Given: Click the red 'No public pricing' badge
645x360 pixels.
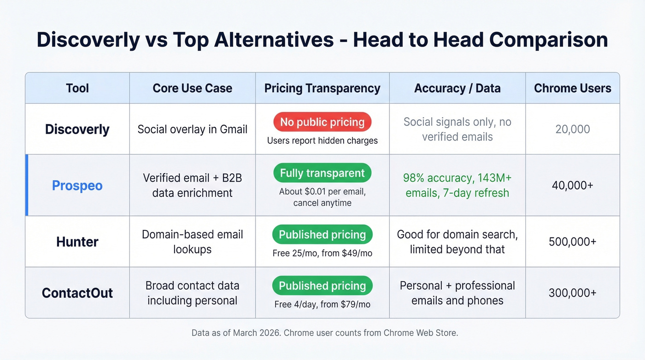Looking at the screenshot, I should pos(322,122).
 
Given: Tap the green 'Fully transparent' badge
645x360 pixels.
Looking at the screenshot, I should pos(322,173).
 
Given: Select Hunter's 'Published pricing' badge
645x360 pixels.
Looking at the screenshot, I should pos(322,235).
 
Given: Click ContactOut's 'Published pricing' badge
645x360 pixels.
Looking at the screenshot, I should pos(322,286).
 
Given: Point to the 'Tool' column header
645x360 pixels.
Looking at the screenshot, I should pos(77,88).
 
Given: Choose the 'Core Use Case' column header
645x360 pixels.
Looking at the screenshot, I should pos(193,88).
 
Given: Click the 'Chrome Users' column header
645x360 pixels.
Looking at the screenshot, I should pos(573,88).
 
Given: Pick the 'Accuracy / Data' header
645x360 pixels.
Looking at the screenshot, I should pos(457,88).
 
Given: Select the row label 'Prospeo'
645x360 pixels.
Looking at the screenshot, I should pos(77,186).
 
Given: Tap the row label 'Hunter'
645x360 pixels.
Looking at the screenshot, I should pos(77,242).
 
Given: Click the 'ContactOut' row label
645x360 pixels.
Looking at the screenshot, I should pos(77,293).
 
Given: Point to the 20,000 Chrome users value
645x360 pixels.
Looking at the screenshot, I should pos(573,130).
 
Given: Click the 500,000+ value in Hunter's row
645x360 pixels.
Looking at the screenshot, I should pos(573,242).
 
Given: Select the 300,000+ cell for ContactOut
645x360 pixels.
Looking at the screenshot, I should pos(573,293).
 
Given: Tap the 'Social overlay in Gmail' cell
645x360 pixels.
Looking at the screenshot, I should pos(193,129).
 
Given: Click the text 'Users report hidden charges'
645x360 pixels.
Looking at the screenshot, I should pos(322,141).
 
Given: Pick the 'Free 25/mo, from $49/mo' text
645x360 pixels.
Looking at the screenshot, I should pos(322,253).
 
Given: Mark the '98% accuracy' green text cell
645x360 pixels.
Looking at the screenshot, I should pos(457,185).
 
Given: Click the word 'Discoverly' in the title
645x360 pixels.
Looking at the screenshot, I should pos(88,40).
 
